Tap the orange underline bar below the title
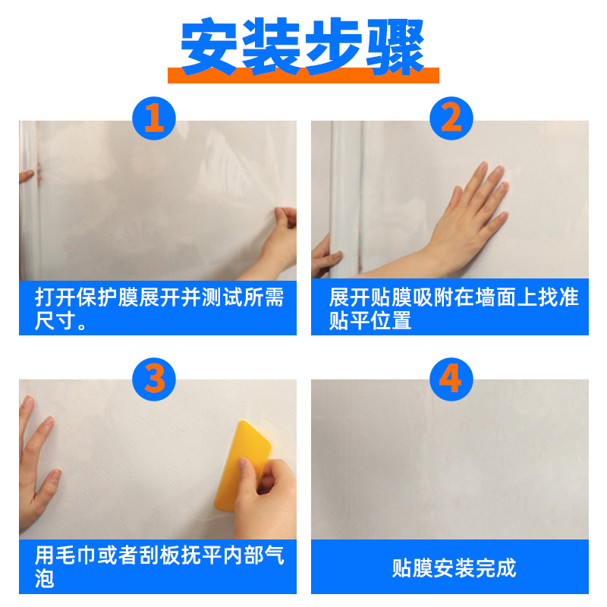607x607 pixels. (x=303, y=75)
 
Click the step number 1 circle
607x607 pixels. (x=154, y=119)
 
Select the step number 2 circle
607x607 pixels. (x=451, y=119)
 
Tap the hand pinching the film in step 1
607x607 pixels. (x=281, y=235)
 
